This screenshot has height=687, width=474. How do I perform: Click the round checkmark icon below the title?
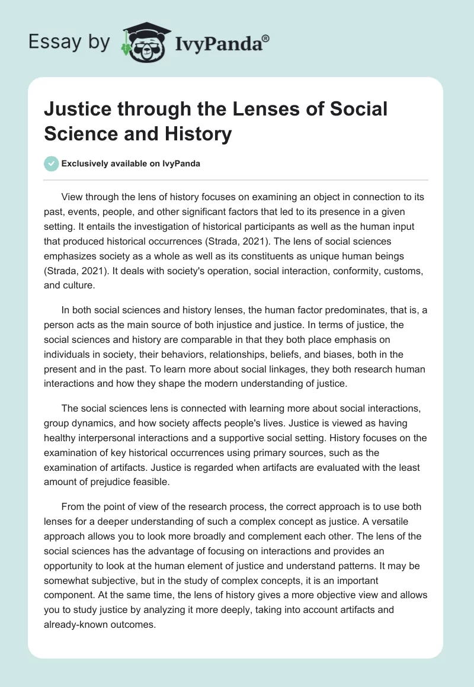52,163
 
